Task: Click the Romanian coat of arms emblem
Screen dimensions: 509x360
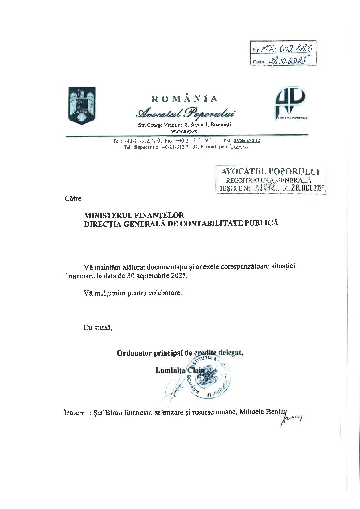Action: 82,105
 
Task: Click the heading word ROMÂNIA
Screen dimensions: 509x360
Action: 184,99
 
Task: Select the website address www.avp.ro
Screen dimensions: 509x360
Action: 184,131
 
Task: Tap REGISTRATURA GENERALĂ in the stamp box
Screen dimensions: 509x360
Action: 266,180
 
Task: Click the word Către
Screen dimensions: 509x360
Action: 73,199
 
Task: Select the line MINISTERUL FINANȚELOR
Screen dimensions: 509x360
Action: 134,215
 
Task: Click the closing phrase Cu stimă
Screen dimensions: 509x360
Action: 98,328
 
